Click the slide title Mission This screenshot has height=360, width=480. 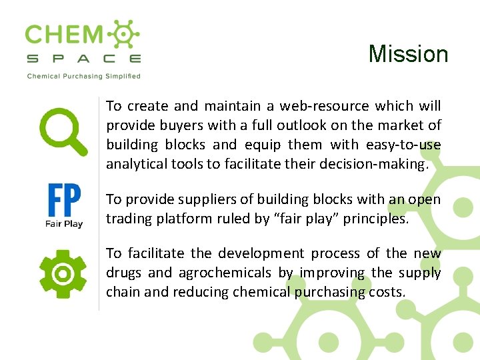(408, 54)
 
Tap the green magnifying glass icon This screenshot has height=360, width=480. (63, 131)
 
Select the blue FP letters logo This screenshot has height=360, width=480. (64, 200)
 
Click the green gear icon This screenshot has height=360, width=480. (63, 273)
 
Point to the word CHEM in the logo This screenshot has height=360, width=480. (64, 35)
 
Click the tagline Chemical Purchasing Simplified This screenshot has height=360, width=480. (83, 76)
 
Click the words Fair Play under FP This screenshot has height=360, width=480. (64, 224)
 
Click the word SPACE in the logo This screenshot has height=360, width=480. (83, 59)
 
